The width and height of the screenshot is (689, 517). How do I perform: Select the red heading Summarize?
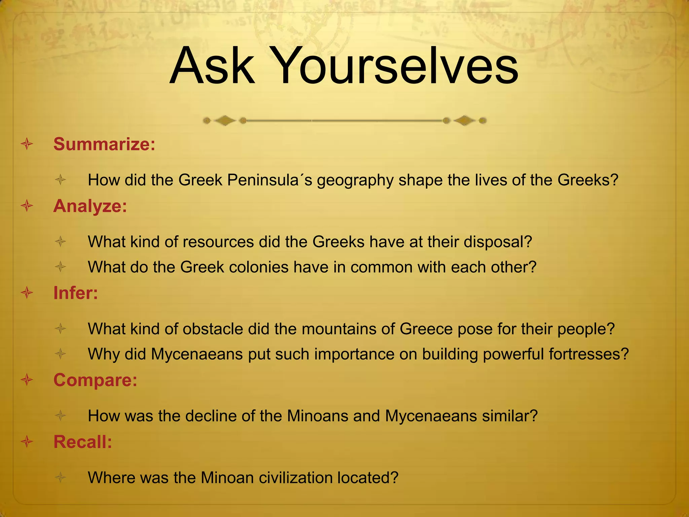click(104, 144)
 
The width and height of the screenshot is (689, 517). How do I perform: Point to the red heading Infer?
click(76, 293)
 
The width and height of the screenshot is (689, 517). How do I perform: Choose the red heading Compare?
click(95, 380)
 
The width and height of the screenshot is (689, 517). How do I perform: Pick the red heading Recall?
click(83, 442)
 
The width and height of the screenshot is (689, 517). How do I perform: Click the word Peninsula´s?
click(269, 180)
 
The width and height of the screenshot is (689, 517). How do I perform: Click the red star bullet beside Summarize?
click(27, 144)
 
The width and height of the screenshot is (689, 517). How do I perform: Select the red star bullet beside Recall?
click(27, 442)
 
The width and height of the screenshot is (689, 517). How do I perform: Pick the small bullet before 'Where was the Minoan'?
click(61, 477)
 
